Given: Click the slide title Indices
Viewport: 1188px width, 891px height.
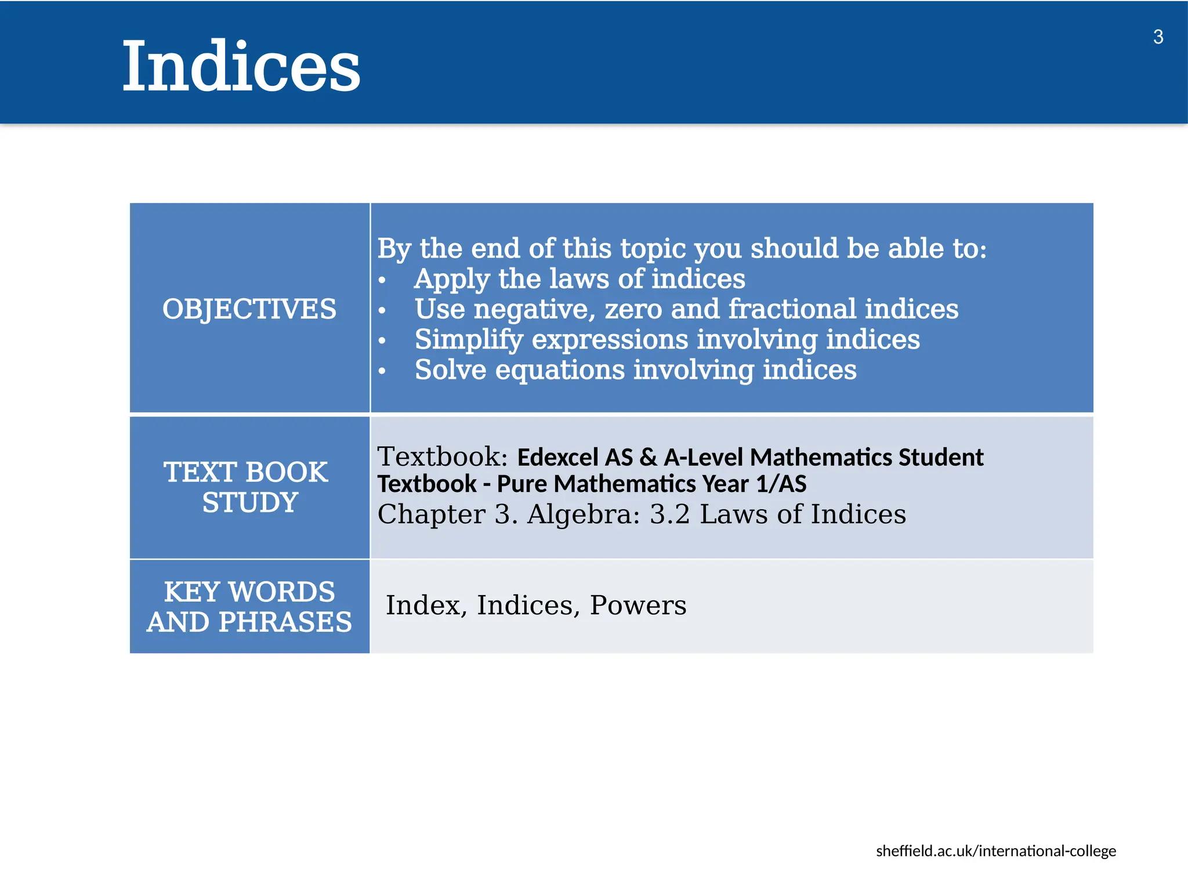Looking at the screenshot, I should click(241, 66).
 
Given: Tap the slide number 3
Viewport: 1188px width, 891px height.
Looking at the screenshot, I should click(1158, 37).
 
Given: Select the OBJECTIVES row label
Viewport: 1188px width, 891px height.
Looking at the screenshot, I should click(249, 309).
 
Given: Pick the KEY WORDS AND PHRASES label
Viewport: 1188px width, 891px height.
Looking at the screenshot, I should click(249, 607).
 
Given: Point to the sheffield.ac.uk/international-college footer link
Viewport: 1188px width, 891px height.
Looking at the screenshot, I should click(995, 851).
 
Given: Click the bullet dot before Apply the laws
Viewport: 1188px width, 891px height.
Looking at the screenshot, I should click(382, 280).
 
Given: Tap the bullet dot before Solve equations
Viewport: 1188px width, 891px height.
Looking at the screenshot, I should click(382, 371).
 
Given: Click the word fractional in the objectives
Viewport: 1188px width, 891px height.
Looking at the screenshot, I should click(792, 309).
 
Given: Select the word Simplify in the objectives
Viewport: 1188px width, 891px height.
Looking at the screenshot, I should click(469, 339).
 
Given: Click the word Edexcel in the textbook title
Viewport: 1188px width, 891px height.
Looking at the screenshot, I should click(557, 458).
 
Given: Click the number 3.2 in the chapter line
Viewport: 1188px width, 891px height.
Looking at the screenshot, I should click(669, 515).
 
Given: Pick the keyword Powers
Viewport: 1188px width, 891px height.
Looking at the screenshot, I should click(638, 606).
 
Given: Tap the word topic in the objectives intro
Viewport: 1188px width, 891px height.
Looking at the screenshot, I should click(653, 249).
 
